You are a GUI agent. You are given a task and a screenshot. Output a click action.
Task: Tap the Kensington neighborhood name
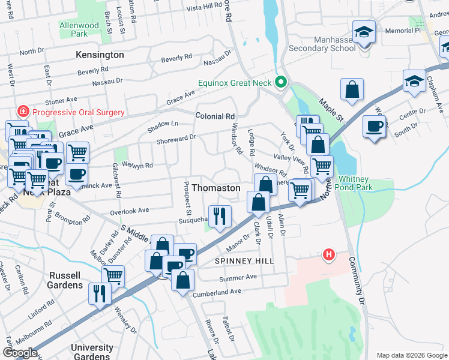[100, 55]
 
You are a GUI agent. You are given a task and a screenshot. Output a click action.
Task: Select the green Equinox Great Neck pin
[280, 82]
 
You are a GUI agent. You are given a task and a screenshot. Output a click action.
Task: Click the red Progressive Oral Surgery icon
[23, 112]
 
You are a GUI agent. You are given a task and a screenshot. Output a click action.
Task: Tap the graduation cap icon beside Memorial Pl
[364, 33]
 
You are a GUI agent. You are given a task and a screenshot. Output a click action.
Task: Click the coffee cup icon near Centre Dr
[375, 127]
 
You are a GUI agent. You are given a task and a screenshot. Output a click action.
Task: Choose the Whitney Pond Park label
[364, 183]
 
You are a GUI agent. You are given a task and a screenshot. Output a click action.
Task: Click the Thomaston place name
[215, 188]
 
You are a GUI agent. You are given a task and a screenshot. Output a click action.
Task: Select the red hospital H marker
[328, 254]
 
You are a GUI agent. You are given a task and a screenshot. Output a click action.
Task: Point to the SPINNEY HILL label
[244, 261]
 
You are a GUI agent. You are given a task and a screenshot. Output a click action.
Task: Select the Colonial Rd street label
[214, 116]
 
